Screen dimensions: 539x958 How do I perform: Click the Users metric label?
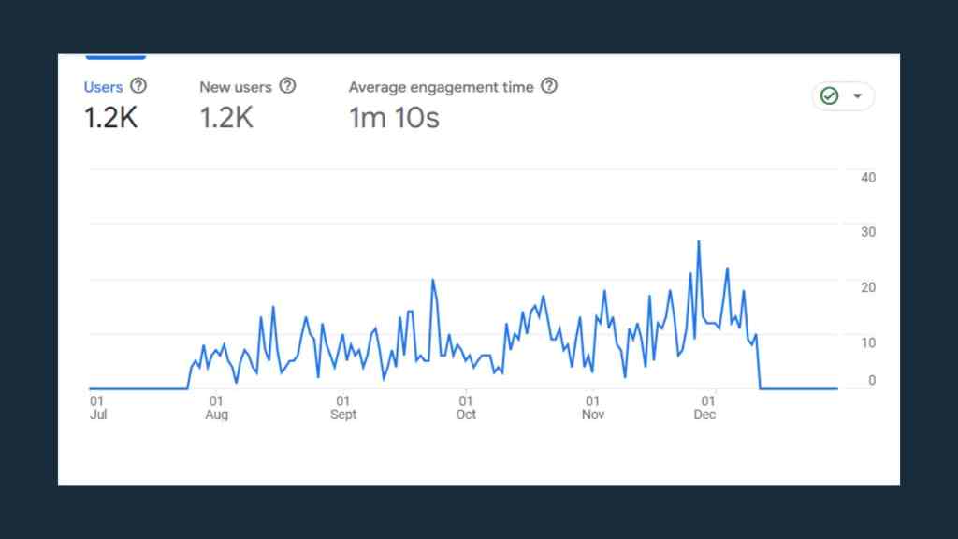103,87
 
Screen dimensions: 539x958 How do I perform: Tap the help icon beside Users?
138,86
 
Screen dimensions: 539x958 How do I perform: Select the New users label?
235,87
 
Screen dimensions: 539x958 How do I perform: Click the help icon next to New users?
287,86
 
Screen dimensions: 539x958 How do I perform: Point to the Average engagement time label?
441,87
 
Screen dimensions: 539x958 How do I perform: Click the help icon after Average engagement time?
549,86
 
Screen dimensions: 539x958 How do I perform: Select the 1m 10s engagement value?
394,118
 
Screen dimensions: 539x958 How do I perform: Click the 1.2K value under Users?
110,118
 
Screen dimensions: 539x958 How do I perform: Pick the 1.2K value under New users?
226,118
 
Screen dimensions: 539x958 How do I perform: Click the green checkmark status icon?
829,96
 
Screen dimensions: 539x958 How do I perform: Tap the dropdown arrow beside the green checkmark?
857,96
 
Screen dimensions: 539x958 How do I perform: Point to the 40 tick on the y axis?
867,178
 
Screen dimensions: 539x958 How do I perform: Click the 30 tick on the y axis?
867,232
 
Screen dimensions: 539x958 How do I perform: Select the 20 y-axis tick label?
867,287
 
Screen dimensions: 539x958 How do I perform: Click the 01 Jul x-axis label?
97,407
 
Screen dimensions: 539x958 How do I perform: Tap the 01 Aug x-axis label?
216,407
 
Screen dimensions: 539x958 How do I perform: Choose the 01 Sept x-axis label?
343,407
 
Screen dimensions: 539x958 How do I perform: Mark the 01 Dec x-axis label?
704,407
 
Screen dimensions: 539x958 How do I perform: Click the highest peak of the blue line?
698,241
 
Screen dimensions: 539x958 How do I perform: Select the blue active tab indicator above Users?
115,57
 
